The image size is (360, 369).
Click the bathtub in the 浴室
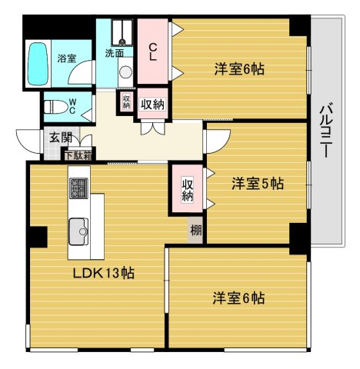point(38,64)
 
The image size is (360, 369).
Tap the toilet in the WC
point(55,107)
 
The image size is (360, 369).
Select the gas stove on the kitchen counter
point(79,188)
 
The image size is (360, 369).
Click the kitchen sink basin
point(78,231)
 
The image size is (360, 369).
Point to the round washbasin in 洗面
point(125,71)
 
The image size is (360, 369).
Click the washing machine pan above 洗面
point(122,32)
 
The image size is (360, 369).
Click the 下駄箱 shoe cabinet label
point(78,156)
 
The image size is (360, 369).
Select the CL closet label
point(153,52)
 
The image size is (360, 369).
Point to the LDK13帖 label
point(104,273)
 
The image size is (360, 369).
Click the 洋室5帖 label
point(258,184)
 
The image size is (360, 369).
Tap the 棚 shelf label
point(196,231)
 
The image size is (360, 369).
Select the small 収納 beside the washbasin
point(126,101)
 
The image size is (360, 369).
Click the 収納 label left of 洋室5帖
point(188,189)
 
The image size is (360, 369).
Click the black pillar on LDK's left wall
point(38,237)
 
